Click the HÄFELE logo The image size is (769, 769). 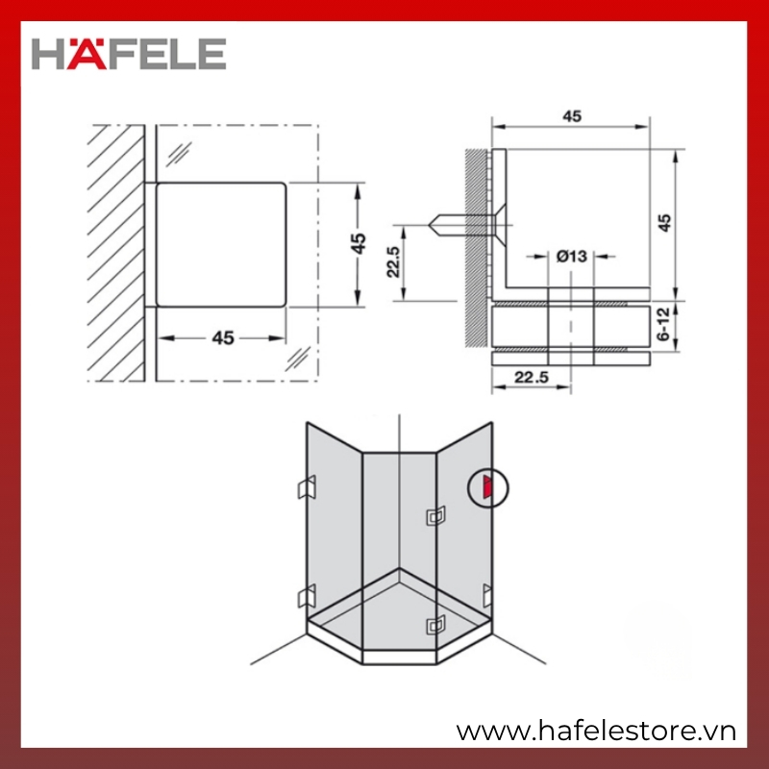point(129,54)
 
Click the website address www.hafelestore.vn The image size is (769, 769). point(596,732)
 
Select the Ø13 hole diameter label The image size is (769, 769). point(571,256)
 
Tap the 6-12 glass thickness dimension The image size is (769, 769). point(663,324)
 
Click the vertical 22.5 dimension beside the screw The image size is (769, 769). point(393,261)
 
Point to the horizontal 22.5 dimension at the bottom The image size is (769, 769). point(532,377)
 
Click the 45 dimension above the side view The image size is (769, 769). point(572,116)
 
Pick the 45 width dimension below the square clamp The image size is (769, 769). point(223,338)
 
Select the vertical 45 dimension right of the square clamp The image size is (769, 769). point(359,243)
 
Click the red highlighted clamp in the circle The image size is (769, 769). point(487,487)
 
